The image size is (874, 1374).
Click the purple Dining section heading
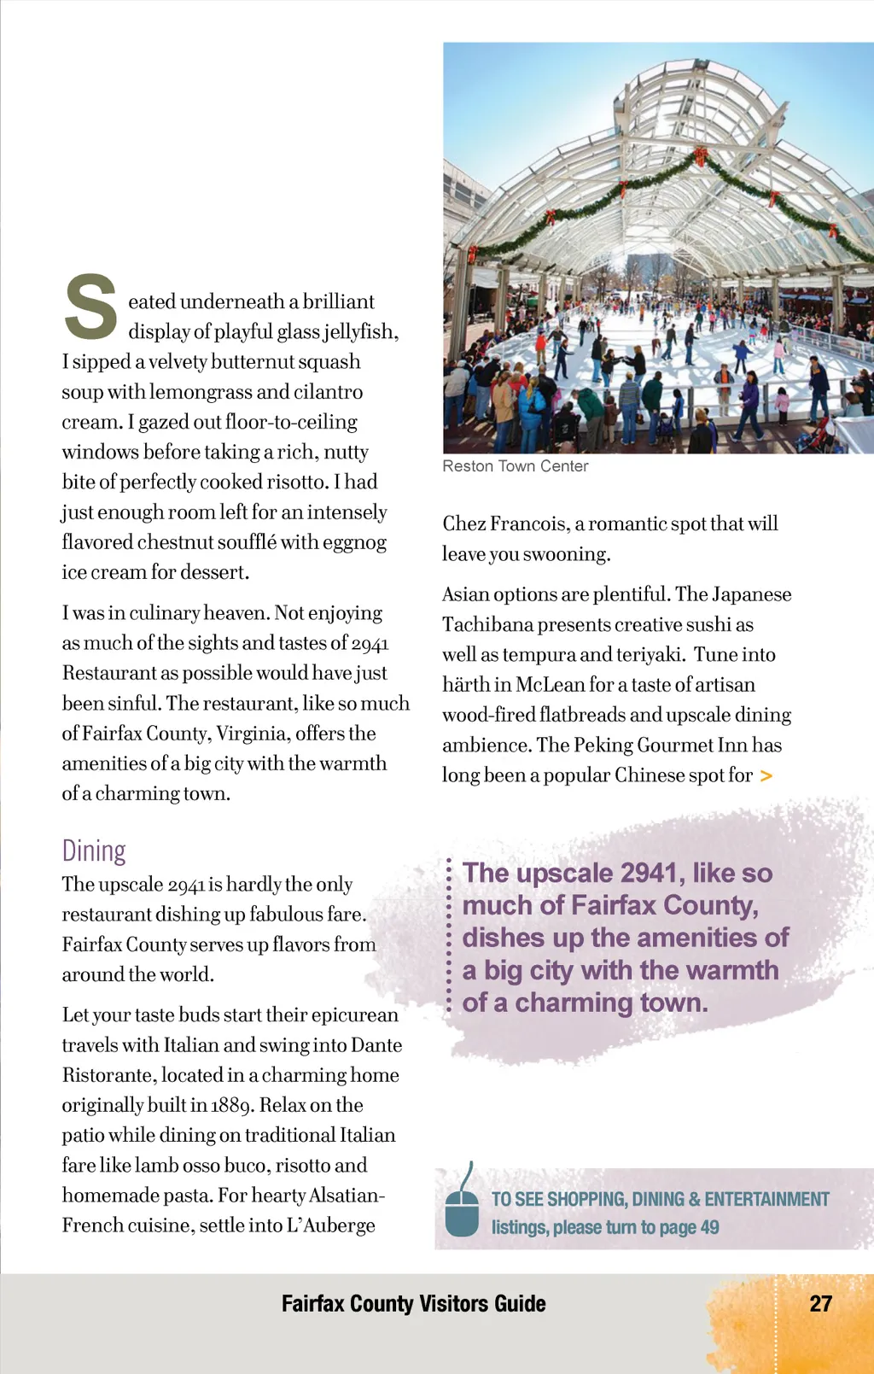[94, 851]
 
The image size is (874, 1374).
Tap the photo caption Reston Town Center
[516, 466]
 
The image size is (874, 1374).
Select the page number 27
[820, 1303]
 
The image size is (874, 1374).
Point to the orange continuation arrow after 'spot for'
[766, 775]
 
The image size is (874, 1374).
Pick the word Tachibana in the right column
[484, 624]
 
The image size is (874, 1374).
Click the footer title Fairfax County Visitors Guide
[413, 1303]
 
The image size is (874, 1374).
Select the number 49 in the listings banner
[709, 1227]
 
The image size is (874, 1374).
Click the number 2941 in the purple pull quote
[649, 873]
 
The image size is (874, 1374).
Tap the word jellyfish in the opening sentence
[359, 331]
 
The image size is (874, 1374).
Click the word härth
[465, 685]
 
